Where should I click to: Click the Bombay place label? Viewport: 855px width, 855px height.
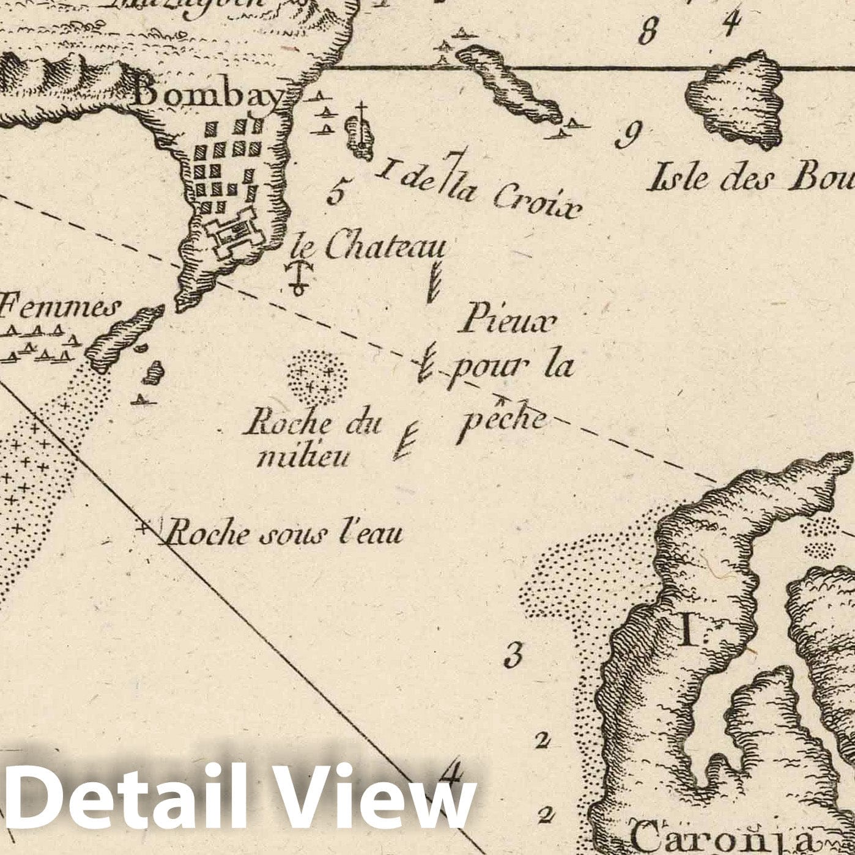pos(209,95)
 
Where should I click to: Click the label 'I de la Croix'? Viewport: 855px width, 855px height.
pos(479,187)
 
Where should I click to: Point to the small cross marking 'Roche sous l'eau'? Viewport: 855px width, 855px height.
pos(144,527)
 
